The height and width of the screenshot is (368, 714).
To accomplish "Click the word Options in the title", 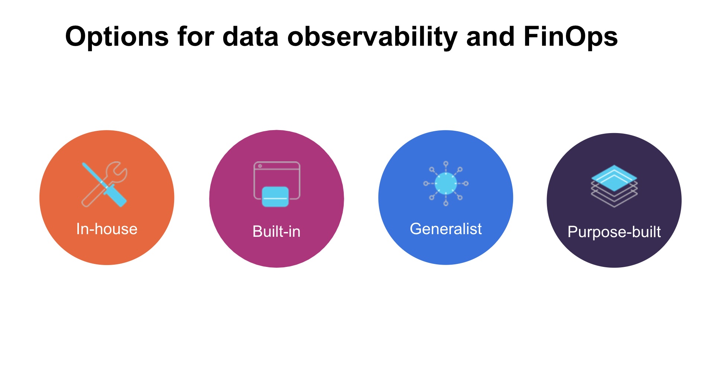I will (x=117, y=37).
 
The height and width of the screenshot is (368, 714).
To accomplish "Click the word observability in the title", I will (x=372, y=37).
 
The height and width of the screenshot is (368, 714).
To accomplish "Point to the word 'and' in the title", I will (x=490, y=37).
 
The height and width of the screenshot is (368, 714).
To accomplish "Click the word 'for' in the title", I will (x=196, y=37).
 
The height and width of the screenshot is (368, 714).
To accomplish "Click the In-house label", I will (x=107, y=229).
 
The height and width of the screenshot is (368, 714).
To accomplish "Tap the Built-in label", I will (x=276, y=232).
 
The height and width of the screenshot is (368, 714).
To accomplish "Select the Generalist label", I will (x=445, y=229).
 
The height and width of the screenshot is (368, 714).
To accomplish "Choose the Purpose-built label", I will (x=614, y=232).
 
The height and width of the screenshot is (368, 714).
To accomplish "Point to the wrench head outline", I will (x=117, y=172).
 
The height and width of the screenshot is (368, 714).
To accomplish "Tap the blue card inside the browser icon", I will (x=275, y=197).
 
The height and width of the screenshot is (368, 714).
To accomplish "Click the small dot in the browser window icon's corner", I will (x=260, y=166).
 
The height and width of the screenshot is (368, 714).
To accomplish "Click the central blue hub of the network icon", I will (x=445, y=183).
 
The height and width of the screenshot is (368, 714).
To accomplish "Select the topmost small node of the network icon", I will (x=446, y=164).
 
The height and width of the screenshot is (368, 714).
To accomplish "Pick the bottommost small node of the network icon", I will (x=446, y=203).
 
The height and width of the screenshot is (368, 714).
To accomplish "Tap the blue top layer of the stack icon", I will (x=614, y=177).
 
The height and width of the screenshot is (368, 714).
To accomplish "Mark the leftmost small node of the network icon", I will (x=426, y=183).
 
